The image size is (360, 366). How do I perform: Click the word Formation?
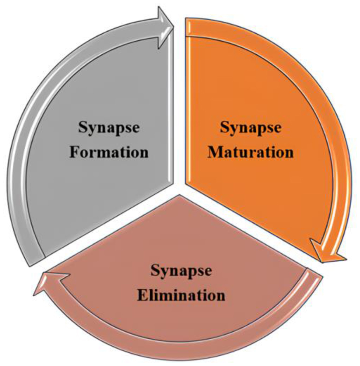108,152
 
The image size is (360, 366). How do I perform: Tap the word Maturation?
251,152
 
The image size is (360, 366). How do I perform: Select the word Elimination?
181,295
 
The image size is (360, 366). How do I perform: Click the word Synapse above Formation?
108,127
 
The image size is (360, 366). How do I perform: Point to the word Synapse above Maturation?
250,127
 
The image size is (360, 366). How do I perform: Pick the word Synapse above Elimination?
181,271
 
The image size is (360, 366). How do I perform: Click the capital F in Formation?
73,152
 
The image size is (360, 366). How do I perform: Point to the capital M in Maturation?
214,152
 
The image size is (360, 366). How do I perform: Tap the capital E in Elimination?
141,295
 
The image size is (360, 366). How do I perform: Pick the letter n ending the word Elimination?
221,296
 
